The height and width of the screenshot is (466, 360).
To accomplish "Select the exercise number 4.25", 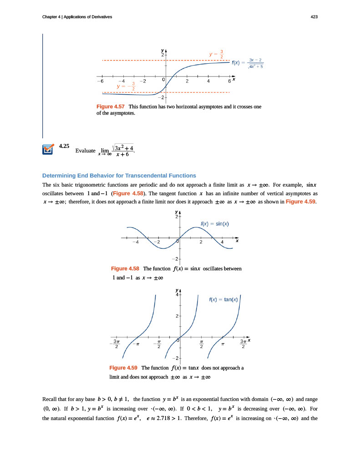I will (x=64, y=147).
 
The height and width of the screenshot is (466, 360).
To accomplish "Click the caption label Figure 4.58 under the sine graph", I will (x=125, y=268).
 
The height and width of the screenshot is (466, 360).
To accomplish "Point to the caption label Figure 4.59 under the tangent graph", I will (x=124, y=368).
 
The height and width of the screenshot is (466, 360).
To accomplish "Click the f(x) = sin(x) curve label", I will (x=214, y=223).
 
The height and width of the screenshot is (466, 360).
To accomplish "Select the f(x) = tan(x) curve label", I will (x=223, y=299).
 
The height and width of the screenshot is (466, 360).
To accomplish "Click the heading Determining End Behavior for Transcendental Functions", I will (x=119, y=175).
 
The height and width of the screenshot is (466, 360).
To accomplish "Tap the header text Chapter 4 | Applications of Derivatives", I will (x=77, y=17).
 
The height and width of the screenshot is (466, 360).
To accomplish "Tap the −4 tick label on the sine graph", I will (x=135, y=243).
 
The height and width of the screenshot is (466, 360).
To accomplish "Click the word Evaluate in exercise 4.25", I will (x=86, y=151).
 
